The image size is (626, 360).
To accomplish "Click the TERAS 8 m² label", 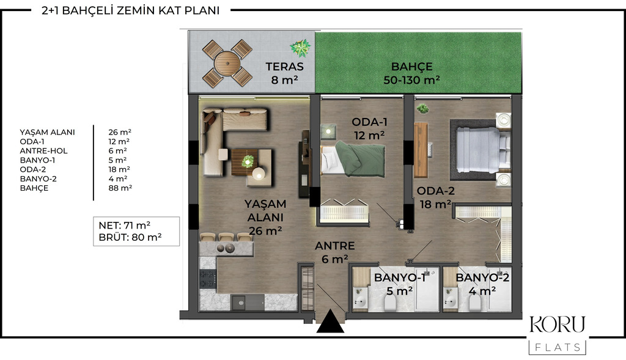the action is [x=285, y=73].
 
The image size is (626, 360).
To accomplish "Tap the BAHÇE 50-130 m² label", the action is [x=411, y=73].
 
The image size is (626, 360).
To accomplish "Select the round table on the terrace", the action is [x=227, y=63].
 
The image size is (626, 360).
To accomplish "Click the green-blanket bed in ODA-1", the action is [x=353, y=159].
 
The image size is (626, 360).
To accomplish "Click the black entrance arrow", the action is [x=330, y=321].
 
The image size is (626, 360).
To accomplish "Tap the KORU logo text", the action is [x=557, y=324].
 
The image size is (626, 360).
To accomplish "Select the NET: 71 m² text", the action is [x=124, y=226].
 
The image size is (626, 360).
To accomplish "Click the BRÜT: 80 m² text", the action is [x=130, y=238].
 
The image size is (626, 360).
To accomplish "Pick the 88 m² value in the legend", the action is [x=120, y=188].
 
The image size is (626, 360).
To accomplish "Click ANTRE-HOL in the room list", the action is [x=43, y=151].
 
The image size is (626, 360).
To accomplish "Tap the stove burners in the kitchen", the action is [x=208, y=279].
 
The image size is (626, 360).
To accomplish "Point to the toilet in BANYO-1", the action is [x=389, y=304].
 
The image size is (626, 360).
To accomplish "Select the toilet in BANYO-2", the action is [x=475, y=304].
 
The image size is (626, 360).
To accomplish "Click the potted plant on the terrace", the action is [x=300, y=48].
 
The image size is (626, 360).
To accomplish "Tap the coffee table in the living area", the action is [x=245, y=162].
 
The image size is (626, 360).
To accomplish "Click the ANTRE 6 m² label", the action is [x=334, y=252].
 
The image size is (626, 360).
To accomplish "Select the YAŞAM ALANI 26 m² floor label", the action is [x=265, y=218].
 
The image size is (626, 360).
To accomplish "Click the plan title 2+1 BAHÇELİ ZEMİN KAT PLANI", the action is [x=131, y=10].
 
